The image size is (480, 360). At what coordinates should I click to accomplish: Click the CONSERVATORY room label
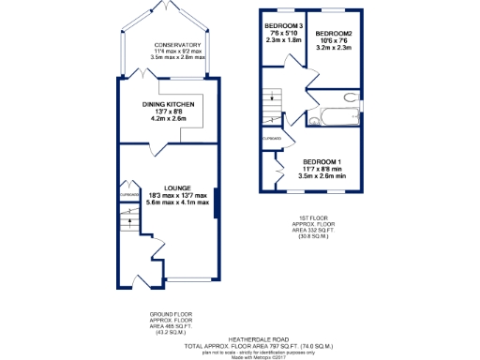(178, 44)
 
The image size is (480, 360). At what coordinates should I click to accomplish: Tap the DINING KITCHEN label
(165, 104)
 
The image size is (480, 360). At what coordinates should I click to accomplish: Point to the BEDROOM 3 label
(282, 25)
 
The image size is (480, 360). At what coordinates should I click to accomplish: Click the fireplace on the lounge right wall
(217, 202)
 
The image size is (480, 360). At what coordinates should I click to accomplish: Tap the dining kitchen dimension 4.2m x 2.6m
(165, 119)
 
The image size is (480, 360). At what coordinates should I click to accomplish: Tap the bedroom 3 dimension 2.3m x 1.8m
(282, 40)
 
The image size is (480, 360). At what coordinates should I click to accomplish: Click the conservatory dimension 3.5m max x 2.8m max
(178, 59)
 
